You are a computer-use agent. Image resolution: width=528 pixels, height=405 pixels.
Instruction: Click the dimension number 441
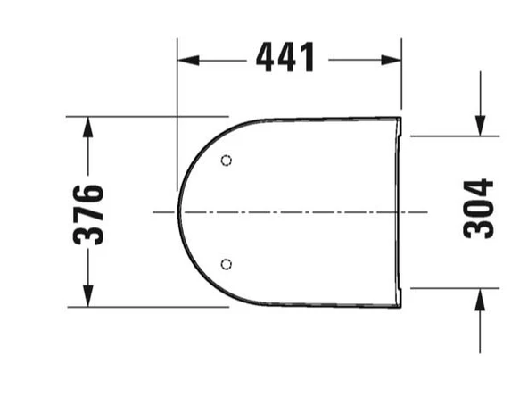[285, 59]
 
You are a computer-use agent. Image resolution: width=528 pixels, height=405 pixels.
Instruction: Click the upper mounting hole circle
[226, 161]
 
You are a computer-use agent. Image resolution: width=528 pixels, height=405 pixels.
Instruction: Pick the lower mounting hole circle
[226, 263]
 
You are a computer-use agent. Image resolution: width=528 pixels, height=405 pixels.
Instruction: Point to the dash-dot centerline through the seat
[294, 212]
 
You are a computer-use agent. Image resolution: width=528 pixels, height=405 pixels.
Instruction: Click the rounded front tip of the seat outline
[179, 212]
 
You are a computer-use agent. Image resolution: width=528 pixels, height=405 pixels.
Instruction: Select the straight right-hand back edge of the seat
[399, 212]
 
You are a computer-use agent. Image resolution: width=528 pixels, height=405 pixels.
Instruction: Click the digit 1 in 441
[307, 59]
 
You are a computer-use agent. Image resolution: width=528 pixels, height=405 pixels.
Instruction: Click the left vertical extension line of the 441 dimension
[177, 107]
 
